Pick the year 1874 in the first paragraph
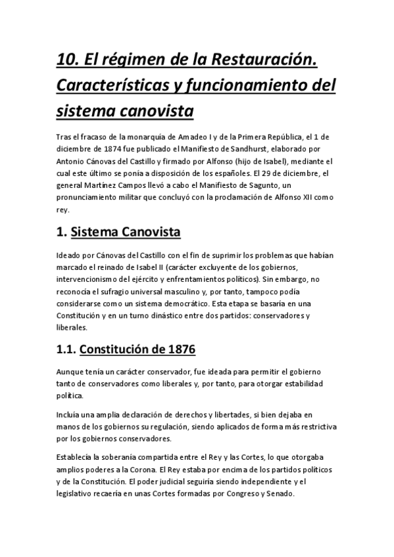point(110,150)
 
